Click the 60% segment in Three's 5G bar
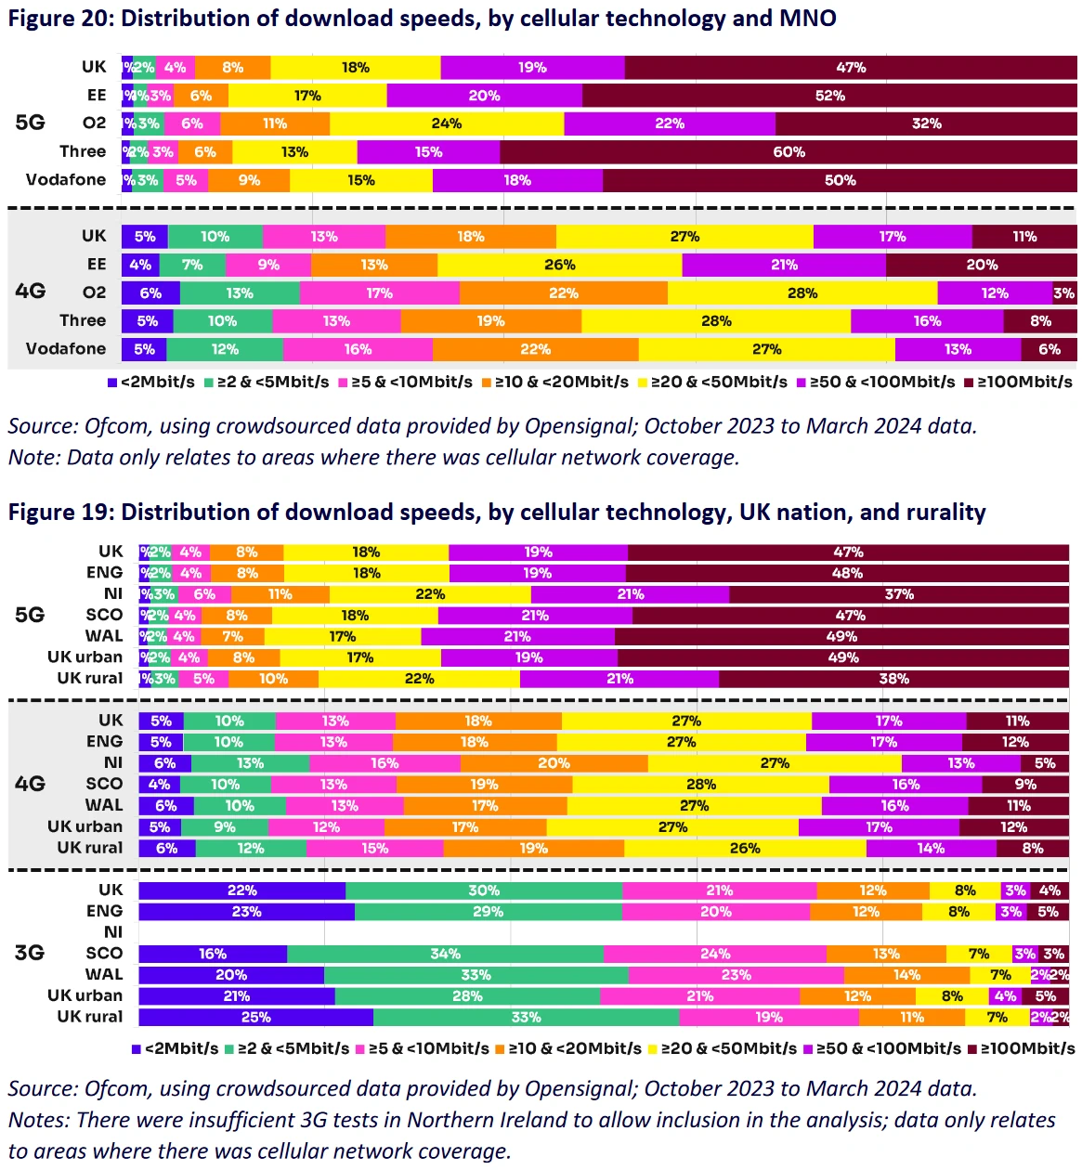point(789,152)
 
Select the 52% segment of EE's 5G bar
point(829,96)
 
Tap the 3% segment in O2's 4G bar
point(1064,293)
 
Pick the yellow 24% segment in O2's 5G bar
point(447,123)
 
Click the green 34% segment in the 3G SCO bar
point(446,954)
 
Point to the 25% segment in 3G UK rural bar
point(255,1017)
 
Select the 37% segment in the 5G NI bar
point(898,594)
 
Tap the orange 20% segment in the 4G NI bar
point(554,763)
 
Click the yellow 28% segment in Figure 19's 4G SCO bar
point(700,785)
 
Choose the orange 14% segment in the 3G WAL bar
point(906,975)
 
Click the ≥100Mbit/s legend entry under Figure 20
point(1019,383)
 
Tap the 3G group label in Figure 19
point(30,953)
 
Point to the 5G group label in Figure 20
point(30,123)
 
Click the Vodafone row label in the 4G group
point(66,349)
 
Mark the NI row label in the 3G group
point(113,932)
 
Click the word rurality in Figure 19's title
point(939,513)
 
